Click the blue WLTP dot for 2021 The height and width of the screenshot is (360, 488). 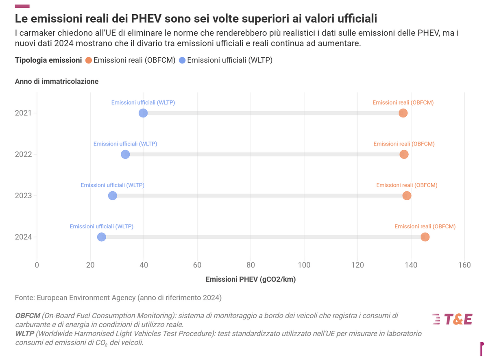(x=143, y=113)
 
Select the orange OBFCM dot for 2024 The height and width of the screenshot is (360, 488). (x=425, y=237)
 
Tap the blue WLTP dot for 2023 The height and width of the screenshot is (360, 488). (x=112, y=195)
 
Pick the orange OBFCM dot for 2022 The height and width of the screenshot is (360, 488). (x=404, y=154)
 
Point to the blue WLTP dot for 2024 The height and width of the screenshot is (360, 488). (x=101, y=237)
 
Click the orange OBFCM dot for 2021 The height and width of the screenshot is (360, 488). (x=403, y=113)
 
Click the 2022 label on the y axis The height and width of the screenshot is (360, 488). (x=23, y=154)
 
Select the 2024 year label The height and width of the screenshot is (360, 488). (x=23, y=237)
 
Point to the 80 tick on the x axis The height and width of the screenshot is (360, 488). (x=251, y=265)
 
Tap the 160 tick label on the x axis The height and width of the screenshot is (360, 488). (x=464, y=265)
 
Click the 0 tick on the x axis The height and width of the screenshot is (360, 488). (x=37, y=265)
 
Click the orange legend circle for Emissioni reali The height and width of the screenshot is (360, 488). (x=88, y=60)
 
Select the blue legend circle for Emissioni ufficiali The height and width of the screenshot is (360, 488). (x=182, y=60)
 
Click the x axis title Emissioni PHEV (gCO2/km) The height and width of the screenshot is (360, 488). (x=251, y=279)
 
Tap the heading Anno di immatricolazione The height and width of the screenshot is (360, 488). (x=57, y=81)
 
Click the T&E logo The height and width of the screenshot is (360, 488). (x=452, y=319)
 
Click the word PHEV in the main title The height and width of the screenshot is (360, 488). (x=146, y=18)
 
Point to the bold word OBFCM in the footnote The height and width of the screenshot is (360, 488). (x=28, y=316)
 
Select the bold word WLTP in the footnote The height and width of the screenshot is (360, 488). (x=25, y=334)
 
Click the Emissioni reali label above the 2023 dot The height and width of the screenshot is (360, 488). (x=407, y=185)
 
